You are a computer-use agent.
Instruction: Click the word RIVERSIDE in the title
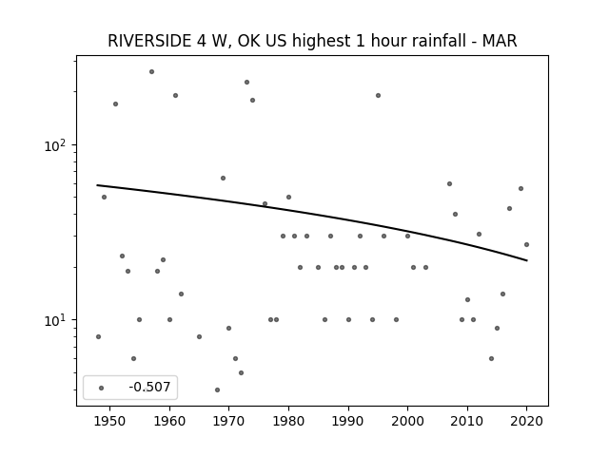149,41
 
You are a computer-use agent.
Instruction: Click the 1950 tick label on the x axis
110,421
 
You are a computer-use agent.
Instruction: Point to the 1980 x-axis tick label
288,421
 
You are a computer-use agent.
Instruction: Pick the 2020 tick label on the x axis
526,421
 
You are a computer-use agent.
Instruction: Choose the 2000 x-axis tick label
408,421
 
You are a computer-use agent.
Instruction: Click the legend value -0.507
149,387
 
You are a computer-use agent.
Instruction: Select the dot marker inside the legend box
102,388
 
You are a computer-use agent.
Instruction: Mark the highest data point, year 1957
151,72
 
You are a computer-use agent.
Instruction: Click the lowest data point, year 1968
217,389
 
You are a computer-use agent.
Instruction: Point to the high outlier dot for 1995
378,95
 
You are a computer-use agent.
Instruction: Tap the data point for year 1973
246,83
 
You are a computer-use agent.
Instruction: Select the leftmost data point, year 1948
98,336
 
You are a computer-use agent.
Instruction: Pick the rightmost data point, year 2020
526,245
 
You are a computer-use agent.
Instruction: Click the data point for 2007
449,183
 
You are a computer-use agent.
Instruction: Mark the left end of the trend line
97,185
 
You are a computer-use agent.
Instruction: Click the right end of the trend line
527,260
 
